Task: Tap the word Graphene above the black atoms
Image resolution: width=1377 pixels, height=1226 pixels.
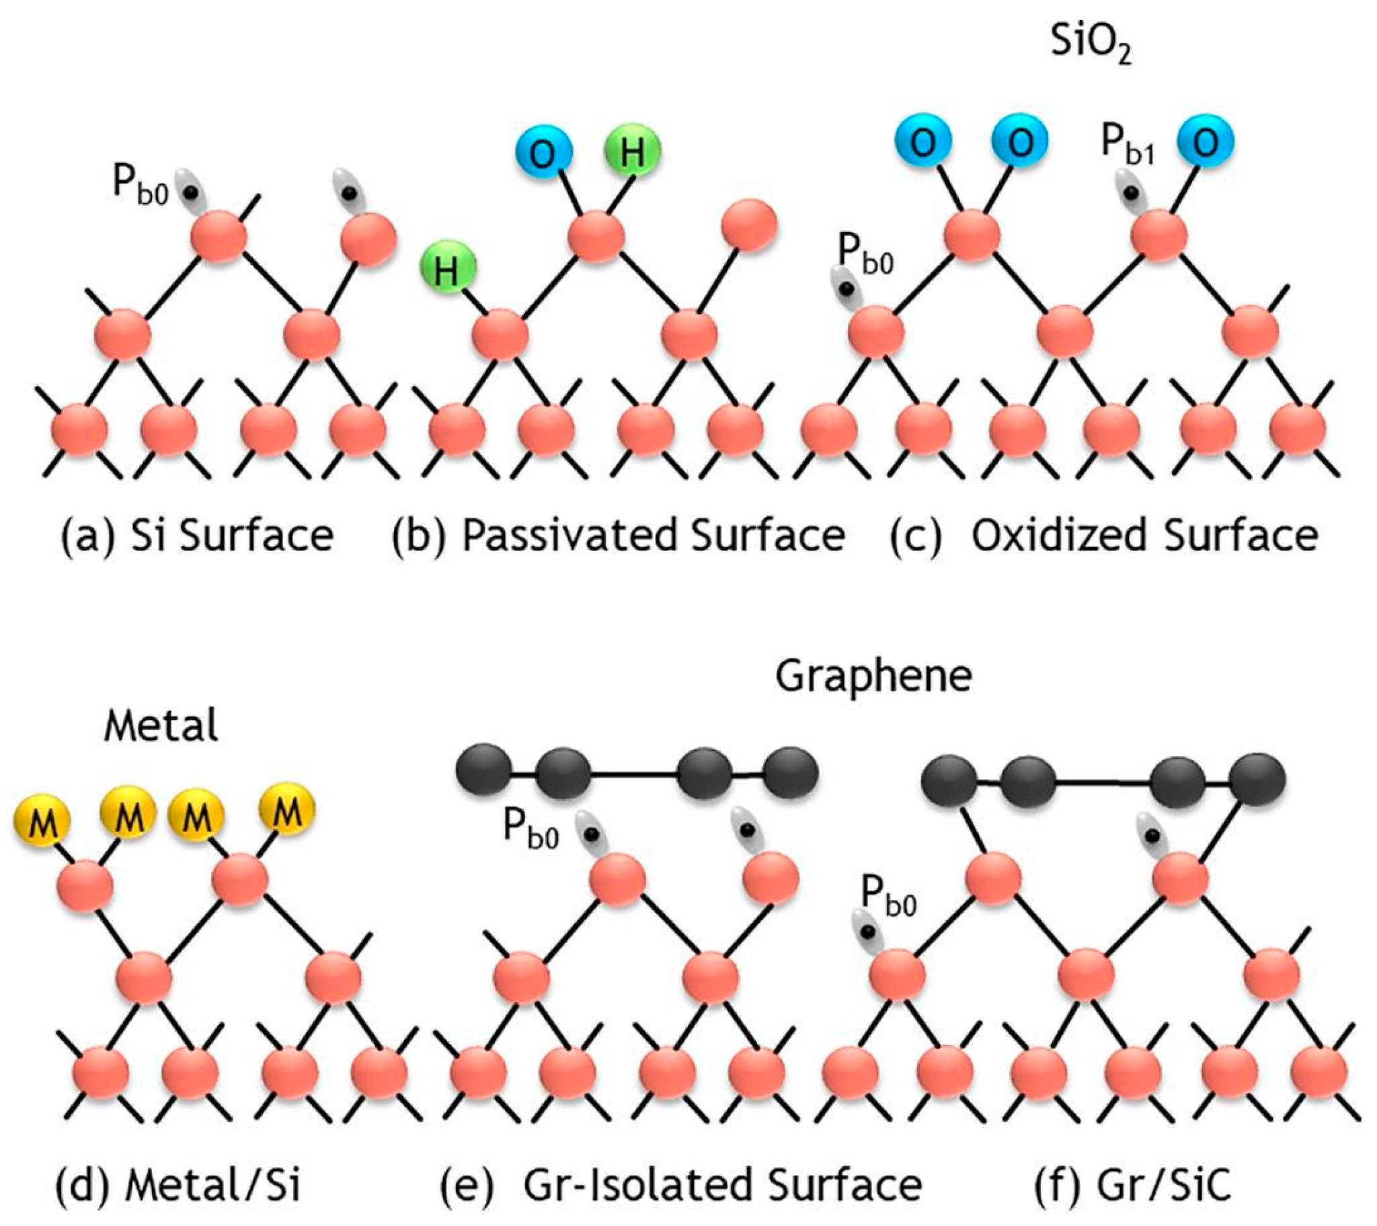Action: click(x=874, y=676)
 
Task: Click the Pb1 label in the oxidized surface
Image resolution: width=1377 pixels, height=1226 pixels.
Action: click(x=1127, y=146)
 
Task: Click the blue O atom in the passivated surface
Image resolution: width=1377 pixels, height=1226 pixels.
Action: click(x=545, y=154)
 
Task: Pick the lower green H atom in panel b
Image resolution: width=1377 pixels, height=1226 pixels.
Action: click(x=448, y=268)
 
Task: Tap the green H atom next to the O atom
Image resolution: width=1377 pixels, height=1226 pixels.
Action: click(x=632, y=151)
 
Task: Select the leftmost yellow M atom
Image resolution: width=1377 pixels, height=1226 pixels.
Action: click(x=42, y=821)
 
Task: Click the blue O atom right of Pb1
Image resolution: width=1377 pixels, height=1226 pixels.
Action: click(x=1206, y=142)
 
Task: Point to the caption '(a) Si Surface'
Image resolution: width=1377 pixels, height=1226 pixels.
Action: click(x=198, y=536)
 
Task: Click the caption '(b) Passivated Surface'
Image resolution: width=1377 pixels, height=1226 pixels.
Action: click(x=619, y=536)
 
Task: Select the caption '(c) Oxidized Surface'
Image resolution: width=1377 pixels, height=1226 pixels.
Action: click(x=1103, y=536)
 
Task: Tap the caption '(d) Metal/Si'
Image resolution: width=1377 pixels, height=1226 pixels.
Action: click(x=178, y=1185)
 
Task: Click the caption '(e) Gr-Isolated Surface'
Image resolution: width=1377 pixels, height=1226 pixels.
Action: click(x=680, y=1185)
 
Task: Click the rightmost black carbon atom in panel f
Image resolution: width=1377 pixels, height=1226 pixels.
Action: click(x=1257, y=780)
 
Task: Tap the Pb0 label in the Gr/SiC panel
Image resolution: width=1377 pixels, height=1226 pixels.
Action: click(x=889, y=899)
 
